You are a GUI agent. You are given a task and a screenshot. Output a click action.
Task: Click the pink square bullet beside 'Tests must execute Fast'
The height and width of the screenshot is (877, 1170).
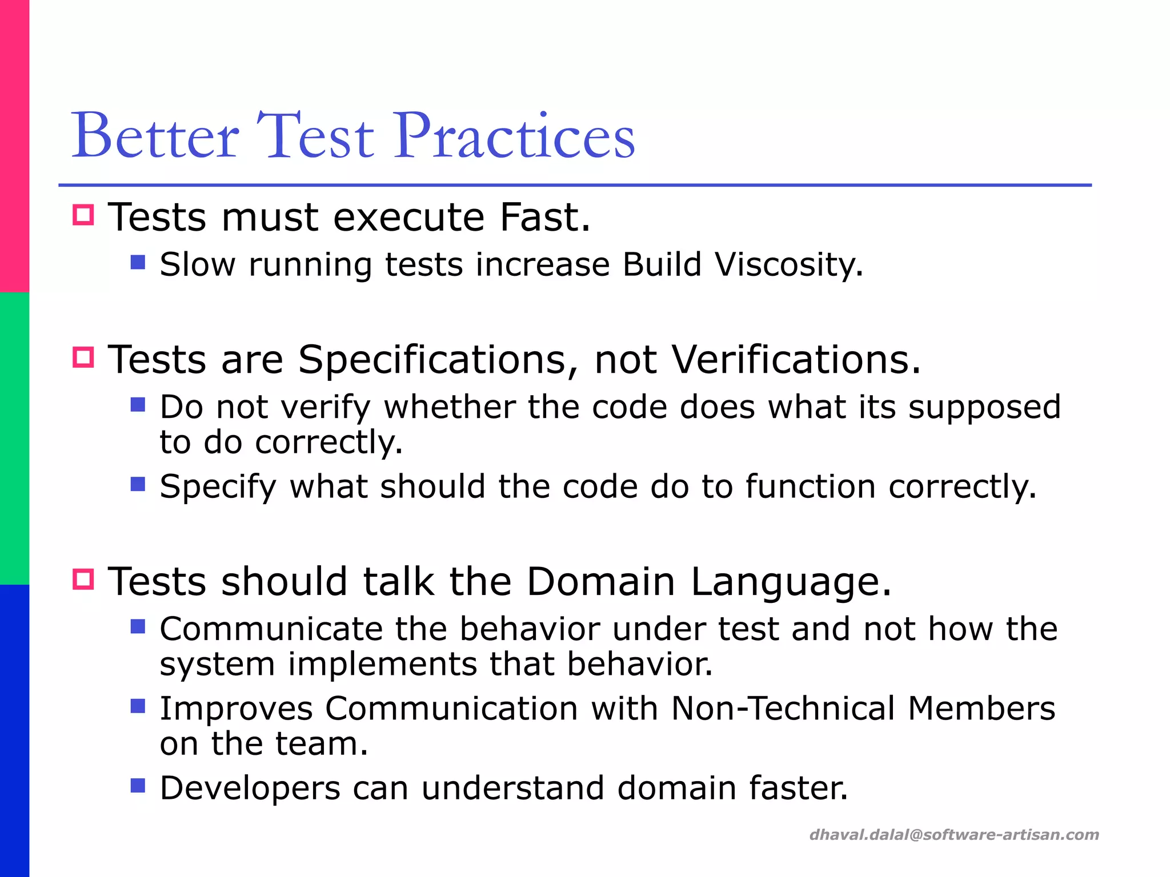point(83,215)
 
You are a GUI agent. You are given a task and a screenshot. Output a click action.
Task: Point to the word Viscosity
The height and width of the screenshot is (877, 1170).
point(788,265)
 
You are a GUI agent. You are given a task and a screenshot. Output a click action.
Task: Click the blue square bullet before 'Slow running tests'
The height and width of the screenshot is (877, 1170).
point(138,262)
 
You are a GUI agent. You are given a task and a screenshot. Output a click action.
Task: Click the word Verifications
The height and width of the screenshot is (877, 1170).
point(796,360)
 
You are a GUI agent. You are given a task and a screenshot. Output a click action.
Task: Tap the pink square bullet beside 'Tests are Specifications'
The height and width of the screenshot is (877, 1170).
point(83,357)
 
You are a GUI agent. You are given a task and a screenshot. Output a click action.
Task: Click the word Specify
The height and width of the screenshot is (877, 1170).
point(218,488)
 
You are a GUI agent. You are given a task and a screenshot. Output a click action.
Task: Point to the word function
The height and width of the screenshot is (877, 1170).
point(810,487)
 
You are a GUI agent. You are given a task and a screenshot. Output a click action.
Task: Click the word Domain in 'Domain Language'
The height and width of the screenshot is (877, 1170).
point(600,582)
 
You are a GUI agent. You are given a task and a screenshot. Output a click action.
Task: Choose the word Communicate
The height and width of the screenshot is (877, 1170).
point(271,629)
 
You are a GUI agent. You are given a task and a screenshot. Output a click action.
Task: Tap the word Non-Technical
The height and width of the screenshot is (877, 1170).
point(783,709)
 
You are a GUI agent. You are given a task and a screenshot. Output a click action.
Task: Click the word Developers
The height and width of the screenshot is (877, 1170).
point(250,789)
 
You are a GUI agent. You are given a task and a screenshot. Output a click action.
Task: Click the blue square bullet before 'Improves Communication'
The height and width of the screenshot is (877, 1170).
point(138,706)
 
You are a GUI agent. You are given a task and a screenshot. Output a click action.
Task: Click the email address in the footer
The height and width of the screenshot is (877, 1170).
point(953,835)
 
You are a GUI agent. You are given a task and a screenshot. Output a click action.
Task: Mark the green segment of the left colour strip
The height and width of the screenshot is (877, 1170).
point(14,438)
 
